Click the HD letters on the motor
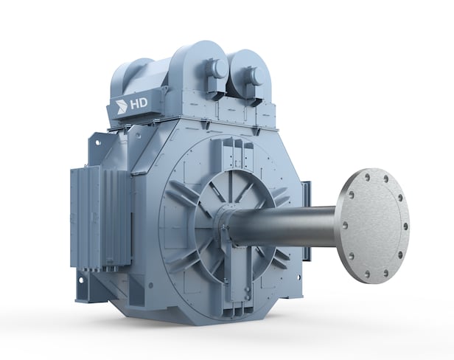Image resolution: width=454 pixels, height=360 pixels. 139,103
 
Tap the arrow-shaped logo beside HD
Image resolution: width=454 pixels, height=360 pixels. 122,106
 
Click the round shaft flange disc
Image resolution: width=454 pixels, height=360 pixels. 374,226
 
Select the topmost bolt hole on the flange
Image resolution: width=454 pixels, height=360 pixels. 368,176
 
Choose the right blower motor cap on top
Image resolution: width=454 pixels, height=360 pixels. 255,75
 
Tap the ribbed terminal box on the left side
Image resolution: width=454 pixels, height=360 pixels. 100,217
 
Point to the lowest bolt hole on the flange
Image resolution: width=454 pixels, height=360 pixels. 368,274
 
